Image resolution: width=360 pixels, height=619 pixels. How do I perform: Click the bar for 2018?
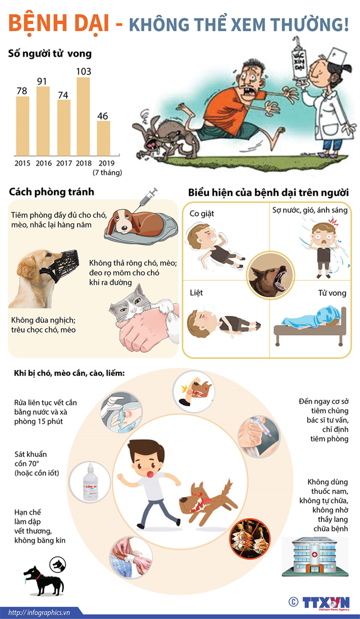83,116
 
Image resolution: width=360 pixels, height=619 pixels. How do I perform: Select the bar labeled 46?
103,138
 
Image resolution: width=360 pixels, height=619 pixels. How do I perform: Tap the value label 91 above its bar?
42,82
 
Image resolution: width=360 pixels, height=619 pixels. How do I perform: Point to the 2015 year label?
22,163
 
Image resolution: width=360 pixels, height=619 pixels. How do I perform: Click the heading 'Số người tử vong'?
50,53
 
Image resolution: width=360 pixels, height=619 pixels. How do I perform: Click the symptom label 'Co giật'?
202,214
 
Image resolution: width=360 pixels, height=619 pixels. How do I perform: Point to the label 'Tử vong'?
332,293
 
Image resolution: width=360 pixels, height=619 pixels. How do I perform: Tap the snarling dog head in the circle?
269,274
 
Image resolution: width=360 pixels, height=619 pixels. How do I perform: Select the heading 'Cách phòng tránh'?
52,192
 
